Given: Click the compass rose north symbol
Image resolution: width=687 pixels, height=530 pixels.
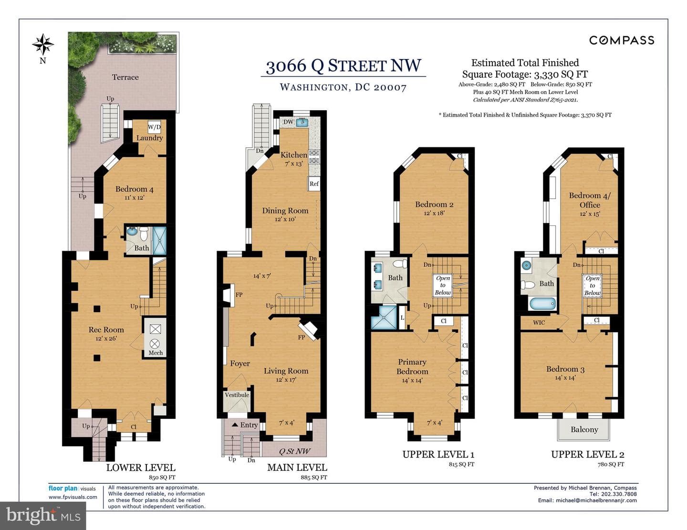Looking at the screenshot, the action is pos(43,44).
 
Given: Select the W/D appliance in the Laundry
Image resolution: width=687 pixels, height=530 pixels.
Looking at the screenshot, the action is pos(154,127).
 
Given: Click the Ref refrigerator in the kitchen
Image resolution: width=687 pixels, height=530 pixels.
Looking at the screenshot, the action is pos(314,183).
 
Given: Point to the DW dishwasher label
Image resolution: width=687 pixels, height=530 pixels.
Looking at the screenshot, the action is pos(288,122).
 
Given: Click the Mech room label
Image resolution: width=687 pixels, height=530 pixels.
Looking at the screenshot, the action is pos(156,353).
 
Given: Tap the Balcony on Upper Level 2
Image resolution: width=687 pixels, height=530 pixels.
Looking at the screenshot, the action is pos(584,429).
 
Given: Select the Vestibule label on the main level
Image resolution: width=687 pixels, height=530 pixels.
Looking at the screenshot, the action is pos(237,395).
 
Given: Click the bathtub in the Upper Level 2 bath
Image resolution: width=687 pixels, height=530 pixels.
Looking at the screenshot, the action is pos(542,304).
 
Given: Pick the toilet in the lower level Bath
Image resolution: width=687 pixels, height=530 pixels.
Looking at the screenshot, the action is pos(144,234).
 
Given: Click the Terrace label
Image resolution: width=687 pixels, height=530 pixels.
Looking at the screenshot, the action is pos(125,77).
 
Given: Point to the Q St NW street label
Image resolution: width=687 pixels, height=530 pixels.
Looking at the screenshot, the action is pos(294,451).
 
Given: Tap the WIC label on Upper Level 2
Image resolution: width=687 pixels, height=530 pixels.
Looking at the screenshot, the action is pos(539,323).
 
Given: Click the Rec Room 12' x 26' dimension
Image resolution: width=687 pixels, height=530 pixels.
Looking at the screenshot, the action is pos(106,338).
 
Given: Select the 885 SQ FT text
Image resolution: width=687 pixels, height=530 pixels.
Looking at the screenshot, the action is pos(313,477).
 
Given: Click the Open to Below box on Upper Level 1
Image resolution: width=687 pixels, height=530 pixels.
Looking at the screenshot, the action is pos(443,285).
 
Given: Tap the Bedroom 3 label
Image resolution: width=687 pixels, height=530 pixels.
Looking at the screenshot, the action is pos(565,369).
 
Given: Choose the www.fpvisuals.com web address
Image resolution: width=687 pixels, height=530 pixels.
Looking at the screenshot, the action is pos(73,497).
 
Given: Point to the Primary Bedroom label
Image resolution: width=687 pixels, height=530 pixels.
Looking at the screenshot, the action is pos(412,367).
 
